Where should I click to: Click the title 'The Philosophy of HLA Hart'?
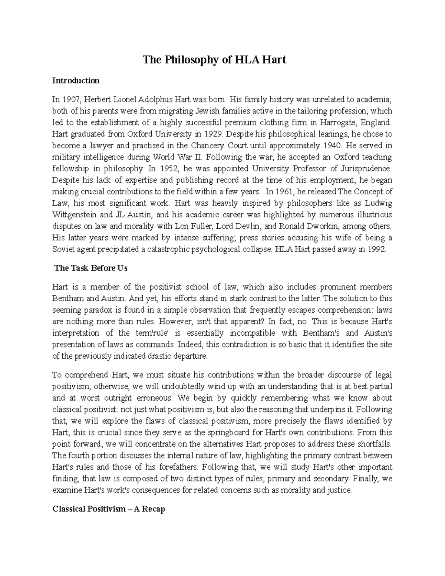(x=215, y=60)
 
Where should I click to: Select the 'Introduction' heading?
(x=76, y=80)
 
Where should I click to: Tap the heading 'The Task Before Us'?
(x=91, y=268)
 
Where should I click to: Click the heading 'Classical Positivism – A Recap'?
(x=109, y=509)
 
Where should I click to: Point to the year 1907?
(x=71, y=99)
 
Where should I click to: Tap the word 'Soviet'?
(x=63, y=249)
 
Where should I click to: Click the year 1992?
(x=377, y=249)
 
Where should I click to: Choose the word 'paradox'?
(x=88, y=310)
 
